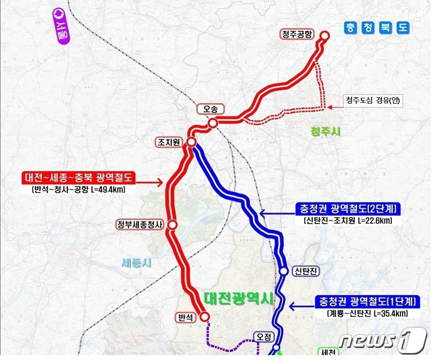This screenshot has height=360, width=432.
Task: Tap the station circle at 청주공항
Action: [325, 35]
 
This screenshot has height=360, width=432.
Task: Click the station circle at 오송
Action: [213, 124]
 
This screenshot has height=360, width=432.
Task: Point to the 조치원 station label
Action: [168, 142]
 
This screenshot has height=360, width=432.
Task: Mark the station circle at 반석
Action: [205, 317]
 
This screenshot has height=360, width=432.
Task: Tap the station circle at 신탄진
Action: [284, 271]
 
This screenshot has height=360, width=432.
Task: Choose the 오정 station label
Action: [263, 337]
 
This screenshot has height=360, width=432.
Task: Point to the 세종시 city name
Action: [136, 263]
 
